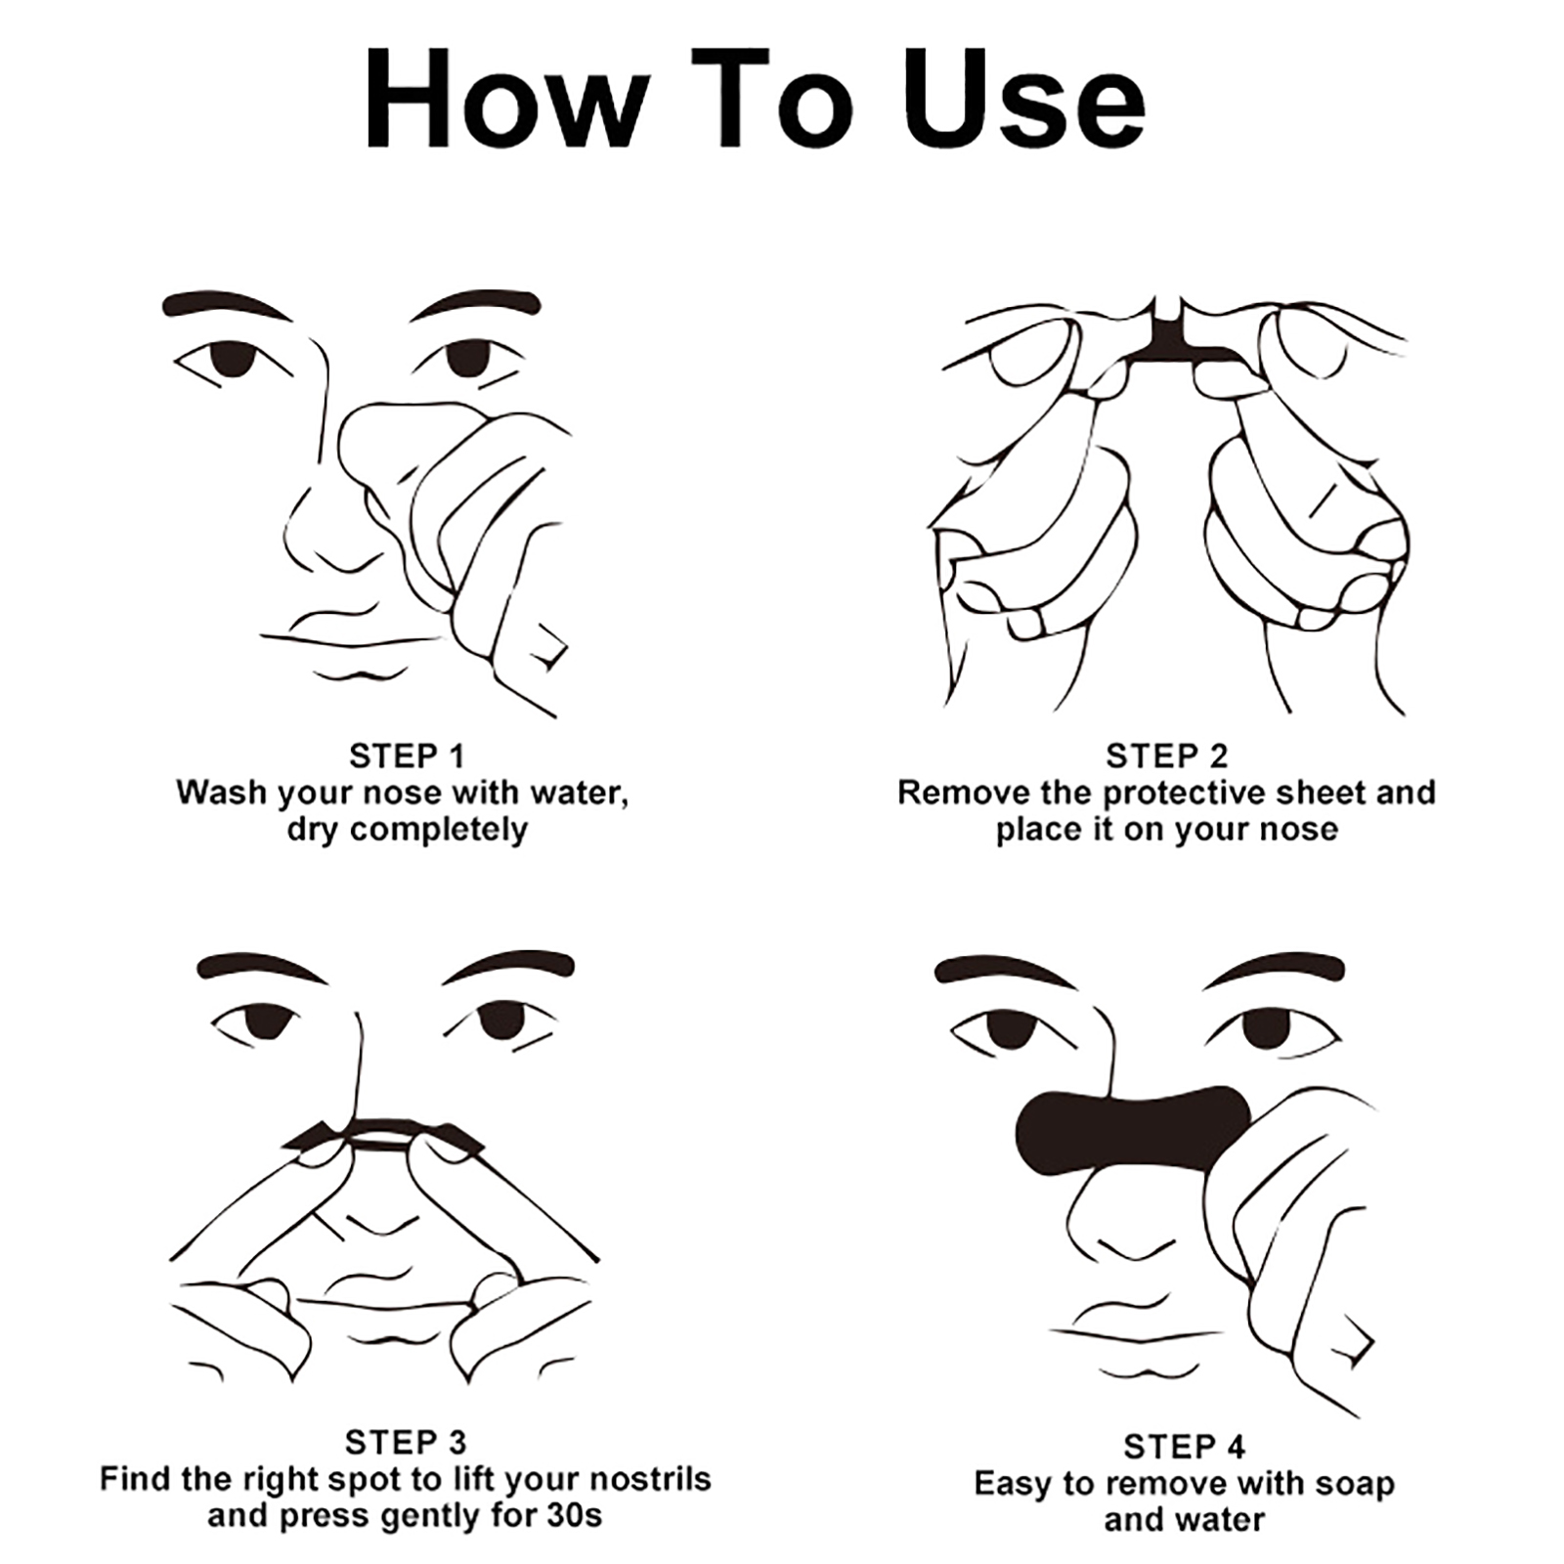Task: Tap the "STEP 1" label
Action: click(406, 756)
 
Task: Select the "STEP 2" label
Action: click(1166, 756)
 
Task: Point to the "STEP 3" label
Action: click(406, 1442)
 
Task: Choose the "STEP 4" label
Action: click(1184, 1446)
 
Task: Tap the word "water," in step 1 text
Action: click(578, 793)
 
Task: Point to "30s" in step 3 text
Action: click(574, 1516)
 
